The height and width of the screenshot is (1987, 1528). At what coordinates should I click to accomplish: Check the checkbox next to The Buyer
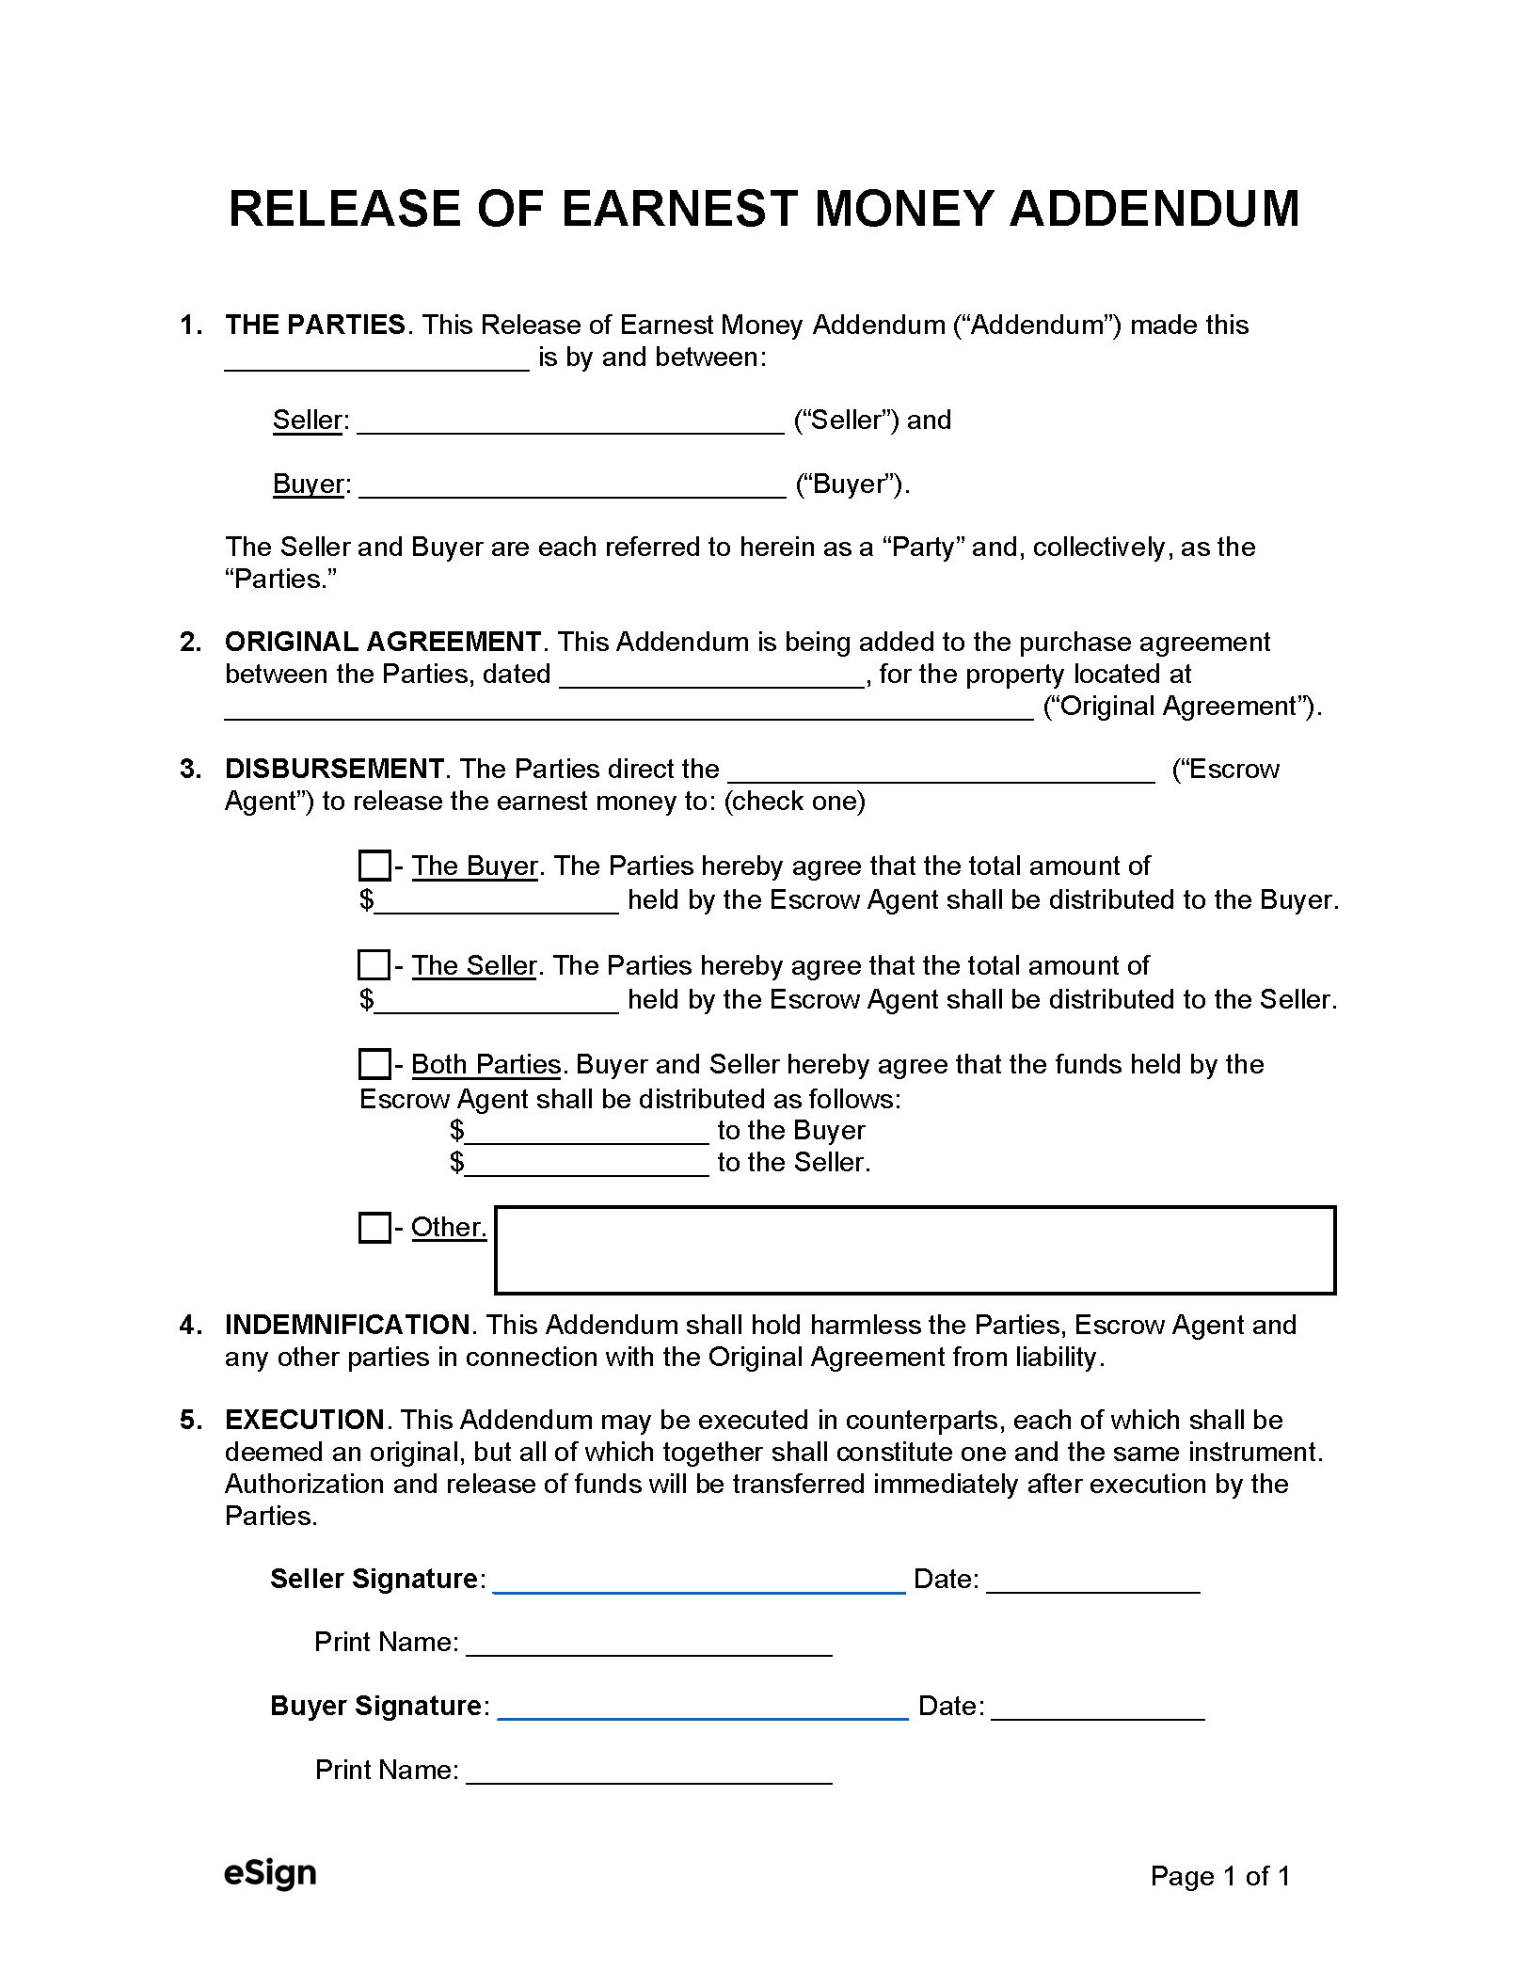click(x=374, y=866)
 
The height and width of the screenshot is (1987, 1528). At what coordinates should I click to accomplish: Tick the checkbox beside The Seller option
click(x=374, y=965)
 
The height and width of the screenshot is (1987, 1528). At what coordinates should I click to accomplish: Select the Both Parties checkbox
click(x=374, y=1064)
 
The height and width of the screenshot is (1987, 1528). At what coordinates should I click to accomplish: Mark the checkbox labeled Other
click(x=374, y=1228)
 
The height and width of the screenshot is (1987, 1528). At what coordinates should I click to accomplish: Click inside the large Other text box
click(x=915, y=1250)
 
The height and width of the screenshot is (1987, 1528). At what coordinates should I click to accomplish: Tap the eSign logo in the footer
click(x=270, y=1874)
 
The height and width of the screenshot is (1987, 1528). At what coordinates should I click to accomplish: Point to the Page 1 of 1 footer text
click(x=1219, y=1876)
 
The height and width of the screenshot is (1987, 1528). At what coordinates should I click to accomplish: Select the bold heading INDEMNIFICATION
click(x=347, y=1325)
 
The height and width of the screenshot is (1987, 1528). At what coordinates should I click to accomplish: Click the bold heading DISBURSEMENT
click(x=334, y=769)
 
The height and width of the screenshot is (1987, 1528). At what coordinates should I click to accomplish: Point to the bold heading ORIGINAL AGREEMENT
click(x=382, y=642)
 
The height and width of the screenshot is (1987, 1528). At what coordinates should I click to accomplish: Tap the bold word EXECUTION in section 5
click(x=304, y=1420)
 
